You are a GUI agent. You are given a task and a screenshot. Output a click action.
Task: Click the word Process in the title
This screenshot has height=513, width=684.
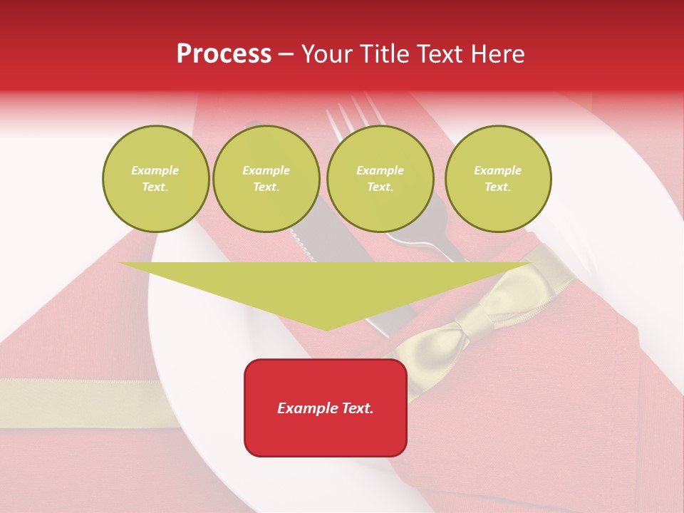[x=224, y=54]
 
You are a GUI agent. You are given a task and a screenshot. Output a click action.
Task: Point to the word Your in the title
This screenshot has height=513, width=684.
[x=326, y=54]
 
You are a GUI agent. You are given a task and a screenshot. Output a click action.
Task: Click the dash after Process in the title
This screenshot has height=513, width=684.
[x=286, y=55]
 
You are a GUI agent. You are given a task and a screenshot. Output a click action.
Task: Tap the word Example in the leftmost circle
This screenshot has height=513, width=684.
[x=155, y=170]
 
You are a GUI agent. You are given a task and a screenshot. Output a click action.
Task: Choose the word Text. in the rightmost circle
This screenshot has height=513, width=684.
[x=498, y=187]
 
